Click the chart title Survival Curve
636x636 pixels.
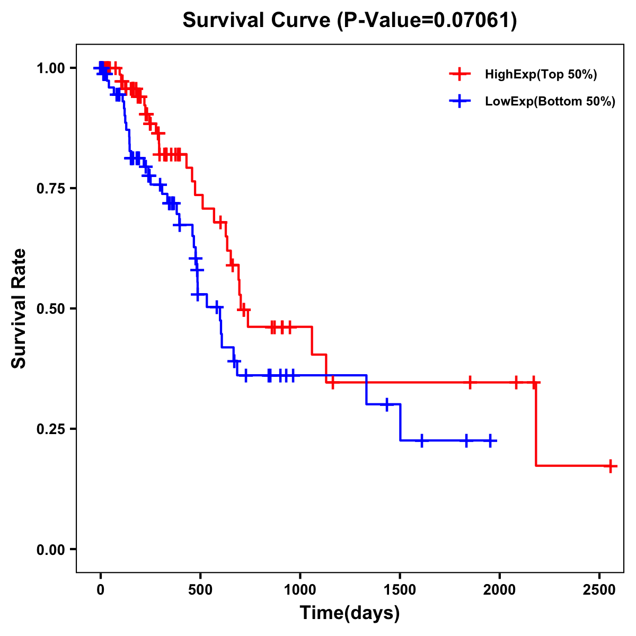tap(349, 21)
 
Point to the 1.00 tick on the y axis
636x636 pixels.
tap(50, 68)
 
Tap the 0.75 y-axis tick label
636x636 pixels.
tap(50, 188)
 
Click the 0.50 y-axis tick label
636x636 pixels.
tap(50, 308)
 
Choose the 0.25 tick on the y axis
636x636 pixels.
tap(50, 429)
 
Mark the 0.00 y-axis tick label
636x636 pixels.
tap(50, 549)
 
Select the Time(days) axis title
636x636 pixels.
tap(349, 613)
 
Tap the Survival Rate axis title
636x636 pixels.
tap(20, 308)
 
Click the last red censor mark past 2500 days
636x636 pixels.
tap(611, 466)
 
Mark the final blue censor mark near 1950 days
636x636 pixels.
tap(491, 440)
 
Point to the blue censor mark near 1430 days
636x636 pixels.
tap(387, 404)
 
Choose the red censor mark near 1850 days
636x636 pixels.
tap(470, 382)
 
